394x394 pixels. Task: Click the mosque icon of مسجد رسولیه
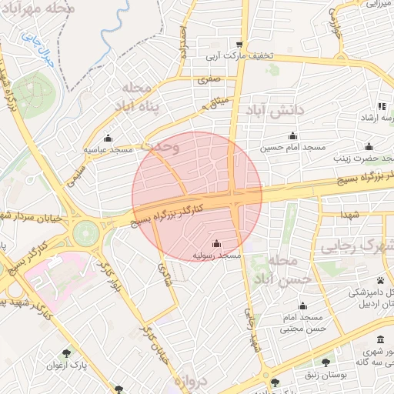coord(215,245)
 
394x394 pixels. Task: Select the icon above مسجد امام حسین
coord(292,135)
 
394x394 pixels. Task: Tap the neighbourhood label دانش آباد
coord(275,111)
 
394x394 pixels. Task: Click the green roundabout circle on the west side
coord(86,229)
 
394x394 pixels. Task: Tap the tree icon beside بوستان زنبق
coord(327,361)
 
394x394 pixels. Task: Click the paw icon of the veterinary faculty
coord(381,280)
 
